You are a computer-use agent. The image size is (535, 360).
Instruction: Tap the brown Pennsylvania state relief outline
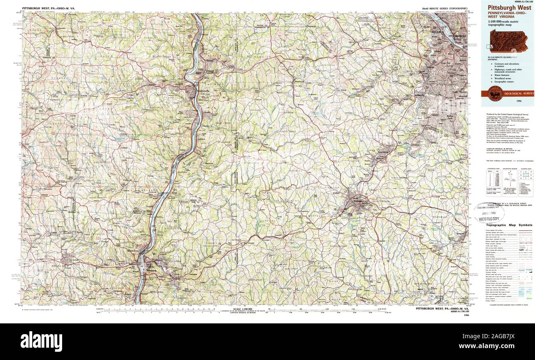point(508,41)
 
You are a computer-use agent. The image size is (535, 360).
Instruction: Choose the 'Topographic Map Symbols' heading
point(509,225)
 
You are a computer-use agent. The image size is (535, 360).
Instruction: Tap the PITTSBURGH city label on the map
point(457,36)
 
